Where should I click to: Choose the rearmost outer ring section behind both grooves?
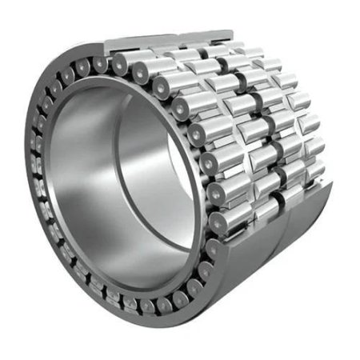[308, 220]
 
